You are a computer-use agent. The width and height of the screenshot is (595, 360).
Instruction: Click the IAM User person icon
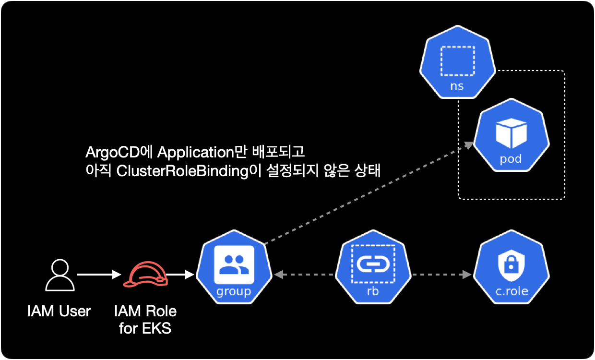click(59, 275)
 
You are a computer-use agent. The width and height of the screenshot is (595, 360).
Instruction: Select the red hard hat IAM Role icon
click(145, 275)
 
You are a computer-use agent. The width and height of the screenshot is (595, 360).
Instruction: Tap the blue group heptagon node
click(234, 269)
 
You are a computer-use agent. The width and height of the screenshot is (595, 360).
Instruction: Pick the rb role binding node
click(373, 269)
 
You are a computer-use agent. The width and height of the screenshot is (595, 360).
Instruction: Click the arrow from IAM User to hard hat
click(98, 275)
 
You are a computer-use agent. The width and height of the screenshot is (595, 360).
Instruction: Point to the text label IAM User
click(59, 311)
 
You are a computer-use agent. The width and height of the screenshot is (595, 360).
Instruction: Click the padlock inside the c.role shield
click(511, 265)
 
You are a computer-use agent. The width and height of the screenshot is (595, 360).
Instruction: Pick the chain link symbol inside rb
click(373, 264)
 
